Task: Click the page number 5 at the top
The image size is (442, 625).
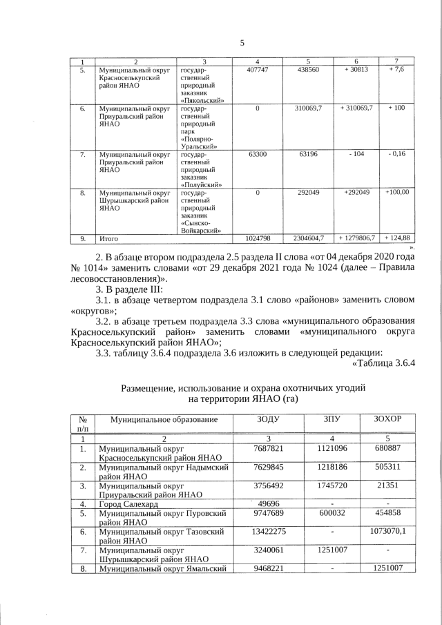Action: pos(242,43)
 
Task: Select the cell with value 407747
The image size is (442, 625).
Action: pos(257,70)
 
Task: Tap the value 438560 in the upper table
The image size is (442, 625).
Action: pos(307,70)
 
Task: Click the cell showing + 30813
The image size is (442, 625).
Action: pos(356,70)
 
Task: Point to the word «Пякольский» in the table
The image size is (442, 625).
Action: pos(201,101)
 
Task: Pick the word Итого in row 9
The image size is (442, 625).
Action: pos(110,238)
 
